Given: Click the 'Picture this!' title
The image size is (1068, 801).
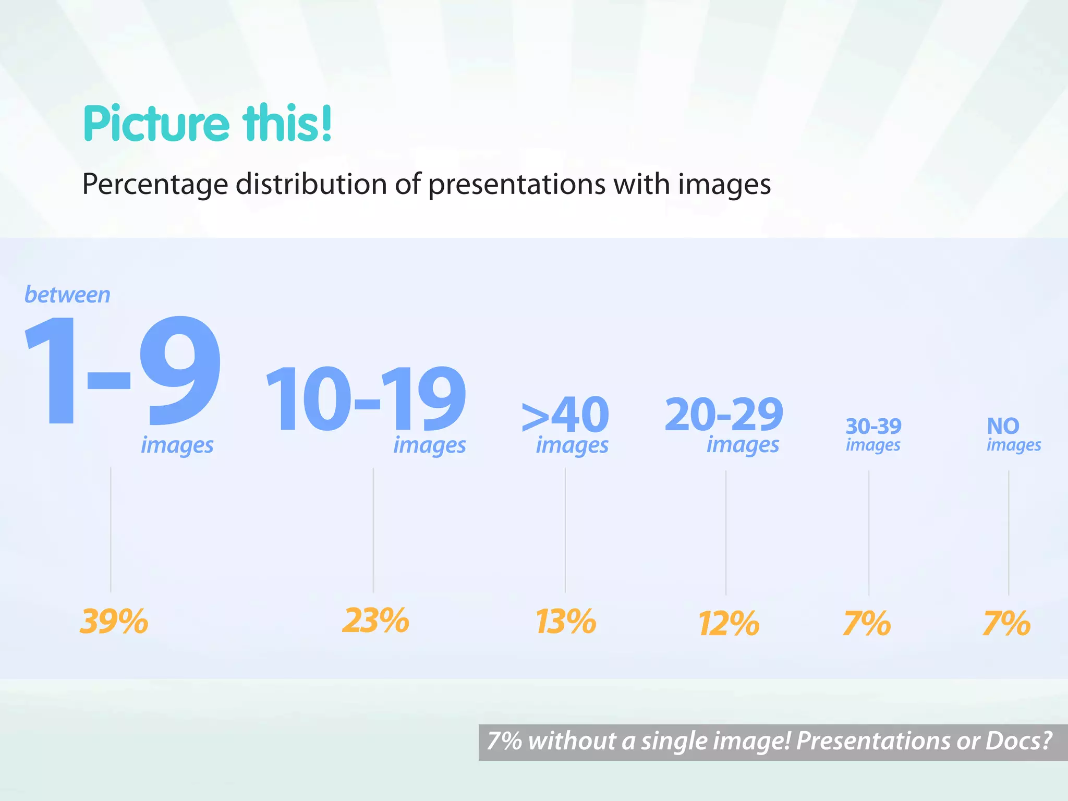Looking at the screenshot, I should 208,124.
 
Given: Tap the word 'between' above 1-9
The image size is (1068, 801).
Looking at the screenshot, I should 68,295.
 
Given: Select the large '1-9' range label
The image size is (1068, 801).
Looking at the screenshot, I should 123,371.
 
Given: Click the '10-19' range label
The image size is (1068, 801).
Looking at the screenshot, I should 366,399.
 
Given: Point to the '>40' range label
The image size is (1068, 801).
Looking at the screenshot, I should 565,415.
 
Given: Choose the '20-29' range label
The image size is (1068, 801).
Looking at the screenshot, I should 724,415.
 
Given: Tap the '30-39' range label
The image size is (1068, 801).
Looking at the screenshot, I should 873,427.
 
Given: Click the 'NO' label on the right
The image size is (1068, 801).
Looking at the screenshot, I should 1003,427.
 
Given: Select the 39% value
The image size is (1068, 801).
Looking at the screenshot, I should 114,622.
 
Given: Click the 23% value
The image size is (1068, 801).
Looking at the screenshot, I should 375,621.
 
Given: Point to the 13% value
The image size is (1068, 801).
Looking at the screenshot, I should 566,622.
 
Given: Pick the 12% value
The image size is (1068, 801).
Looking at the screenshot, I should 729,624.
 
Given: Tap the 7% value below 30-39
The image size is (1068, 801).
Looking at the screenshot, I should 867,624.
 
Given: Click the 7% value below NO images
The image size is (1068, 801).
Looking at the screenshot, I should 1007,624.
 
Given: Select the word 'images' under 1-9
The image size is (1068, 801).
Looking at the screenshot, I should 177,445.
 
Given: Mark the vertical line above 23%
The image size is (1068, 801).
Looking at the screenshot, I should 373,529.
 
